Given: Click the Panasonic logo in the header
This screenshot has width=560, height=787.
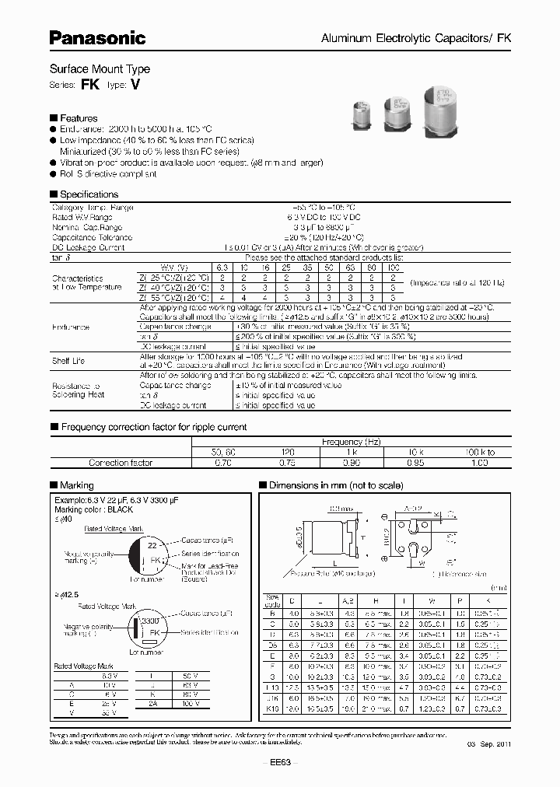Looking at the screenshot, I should point(97,37).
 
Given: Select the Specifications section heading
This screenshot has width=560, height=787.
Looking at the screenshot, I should point(89,194).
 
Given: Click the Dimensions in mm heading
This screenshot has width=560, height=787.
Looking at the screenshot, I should point(336,485).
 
